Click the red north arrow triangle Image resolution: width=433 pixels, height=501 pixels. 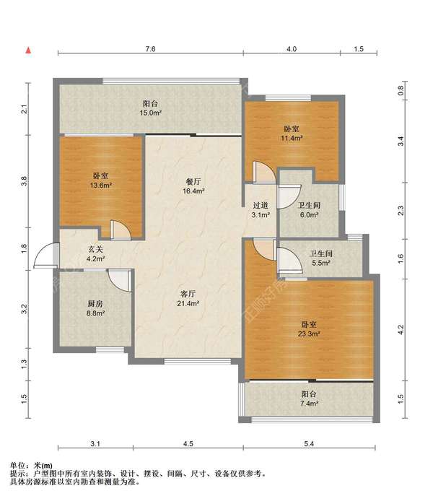coord(28,50)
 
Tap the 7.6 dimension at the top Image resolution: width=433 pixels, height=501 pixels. coord(150,49)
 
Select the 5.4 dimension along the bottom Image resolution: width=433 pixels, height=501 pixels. coord(309,443)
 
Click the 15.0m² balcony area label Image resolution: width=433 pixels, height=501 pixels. coord(150,113)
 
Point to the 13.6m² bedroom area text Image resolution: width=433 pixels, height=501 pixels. coord(100,185)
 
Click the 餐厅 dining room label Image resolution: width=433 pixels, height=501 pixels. coord(193,181)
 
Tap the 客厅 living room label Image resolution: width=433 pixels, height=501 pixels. coord(188,294)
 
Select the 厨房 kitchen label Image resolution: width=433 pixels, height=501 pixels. coord(95,304)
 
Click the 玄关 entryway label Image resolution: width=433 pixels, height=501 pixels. coord(95,250)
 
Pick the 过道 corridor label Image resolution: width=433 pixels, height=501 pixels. coord(261,206)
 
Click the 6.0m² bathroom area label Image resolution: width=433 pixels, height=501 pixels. coord(309,215)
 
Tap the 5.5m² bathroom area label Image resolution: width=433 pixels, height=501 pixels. coord(320,263)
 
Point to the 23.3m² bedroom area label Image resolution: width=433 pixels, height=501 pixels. coord(309,334)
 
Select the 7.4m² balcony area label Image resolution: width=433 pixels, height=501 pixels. coord(309,404)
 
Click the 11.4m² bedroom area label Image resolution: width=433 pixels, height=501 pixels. coord(292,138)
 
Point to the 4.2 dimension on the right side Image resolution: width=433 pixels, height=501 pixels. coord(401,329)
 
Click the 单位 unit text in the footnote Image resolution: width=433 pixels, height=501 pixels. coord(17,466)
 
